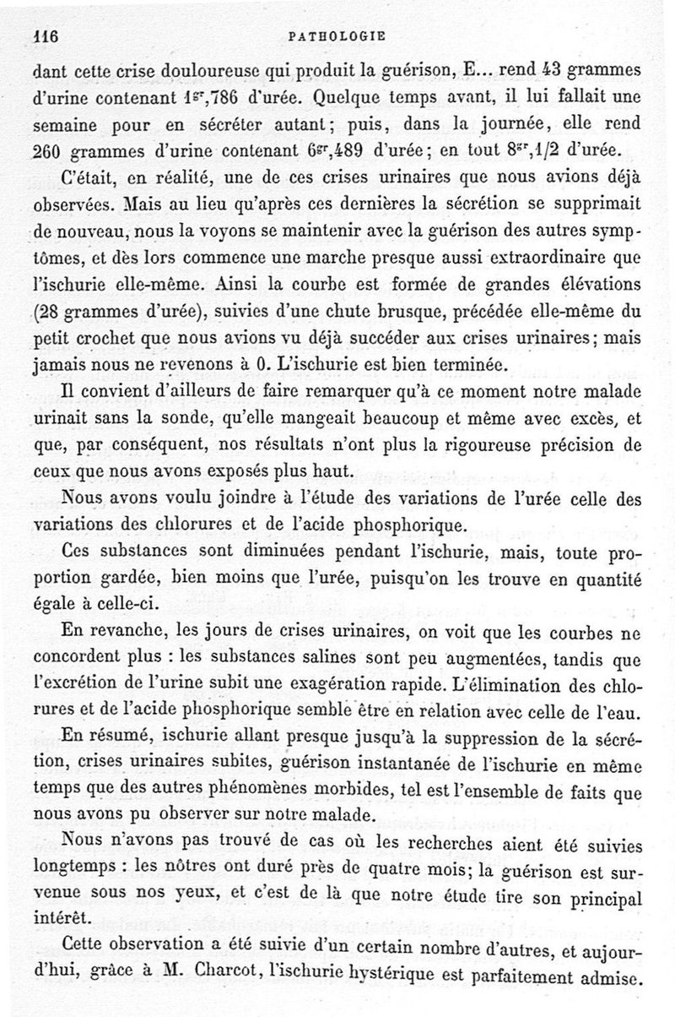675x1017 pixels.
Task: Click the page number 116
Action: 42,36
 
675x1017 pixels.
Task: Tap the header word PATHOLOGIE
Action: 337,36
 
